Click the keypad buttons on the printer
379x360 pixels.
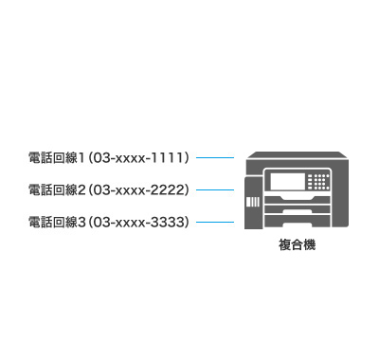coord(320,180)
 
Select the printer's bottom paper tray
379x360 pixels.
coord(298,222)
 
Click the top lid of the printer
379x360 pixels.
coord(294,153)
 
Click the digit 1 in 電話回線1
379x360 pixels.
coord(81,156)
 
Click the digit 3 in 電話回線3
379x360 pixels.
coord(82,221)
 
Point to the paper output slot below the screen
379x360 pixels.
coord(298,196)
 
